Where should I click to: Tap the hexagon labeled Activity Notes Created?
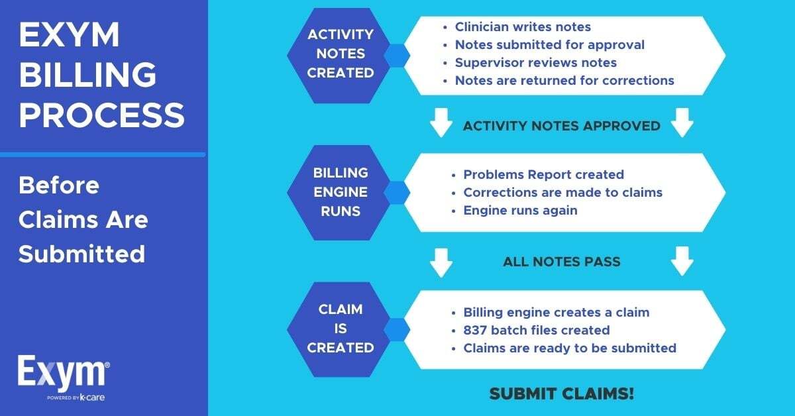[340, 53]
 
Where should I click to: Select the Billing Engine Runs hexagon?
[340, 192]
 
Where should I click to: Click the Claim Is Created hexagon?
[340, 329]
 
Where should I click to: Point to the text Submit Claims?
[562, 393]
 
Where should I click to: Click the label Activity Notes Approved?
[561, 126]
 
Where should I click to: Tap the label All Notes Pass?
[561, 261]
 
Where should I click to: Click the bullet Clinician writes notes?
[523, 27]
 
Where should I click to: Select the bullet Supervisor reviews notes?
[535, 63]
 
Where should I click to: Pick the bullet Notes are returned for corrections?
[564, 81]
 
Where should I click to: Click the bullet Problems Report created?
[543, 175]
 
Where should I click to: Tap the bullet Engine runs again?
[520, 211]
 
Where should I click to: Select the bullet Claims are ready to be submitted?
[569, 348]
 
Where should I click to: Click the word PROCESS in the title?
[101, 115]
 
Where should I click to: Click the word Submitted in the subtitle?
[81, 254]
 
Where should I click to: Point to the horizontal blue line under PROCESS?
[103, 154]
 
